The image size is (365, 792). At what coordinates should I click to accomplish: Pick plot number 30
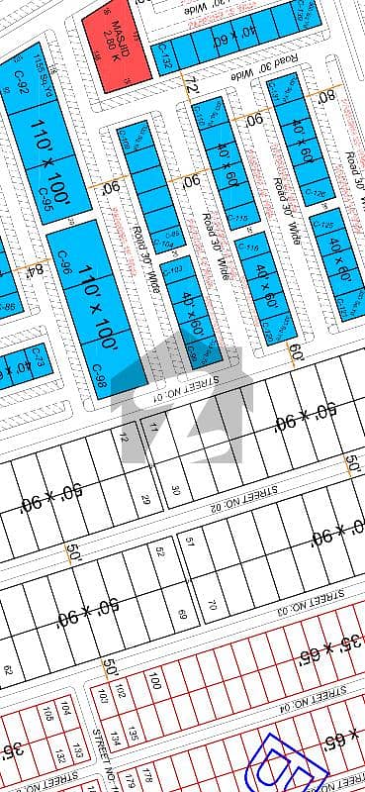click(175, 489)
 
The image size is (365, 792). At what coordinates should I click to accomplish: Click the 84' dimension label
click(39, 269)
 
